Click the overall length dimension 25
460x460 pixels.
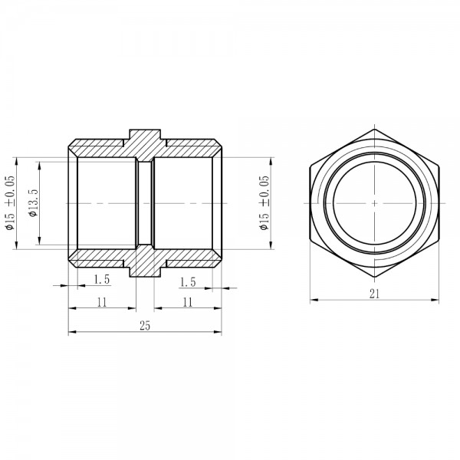(x=145, y=326)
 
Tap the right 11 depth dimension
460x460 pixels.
(x=187, y=302)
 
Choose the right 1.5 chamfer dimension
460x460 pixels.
(x=187, y=281)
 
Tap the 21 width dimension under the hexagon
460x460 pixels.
(x=374, y=293)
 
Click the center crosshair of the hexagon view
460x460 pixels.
(x=374, y=203)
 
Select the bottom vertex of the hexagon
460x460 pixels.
(x=374, y=277)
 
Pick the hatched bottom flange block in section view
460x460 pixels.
(x=145, y=265)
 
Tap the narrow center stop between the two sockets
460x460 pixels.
(x=145, y=203)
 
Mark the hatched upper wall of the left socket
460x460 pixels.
(x=103, y=150)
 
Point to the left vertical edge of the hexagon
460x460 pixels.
(x=311, y=203)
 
